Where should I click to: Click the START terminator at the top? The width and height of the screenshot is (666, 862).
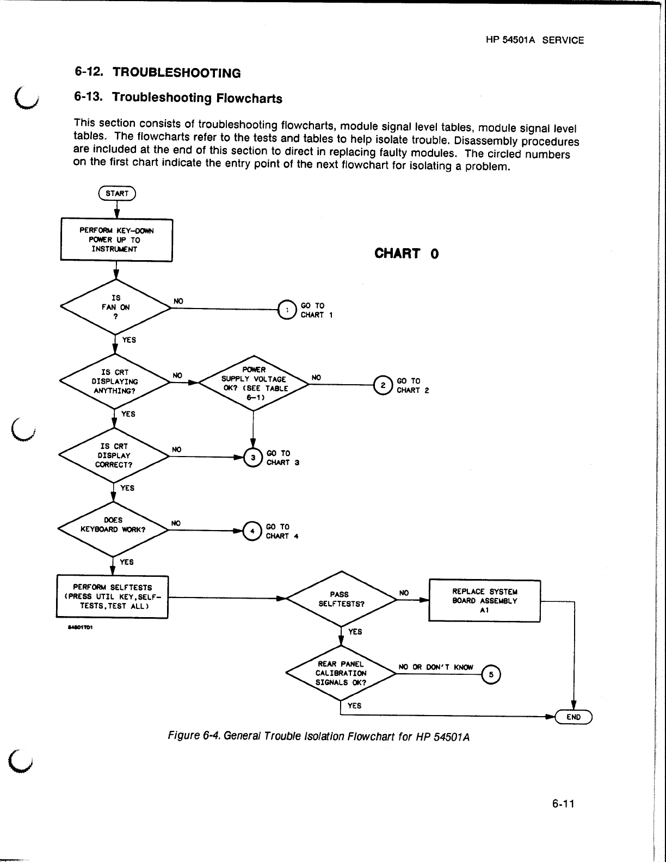[116, 193]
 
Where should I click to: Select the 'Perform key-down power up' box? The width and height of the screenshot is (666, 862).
[116, 240]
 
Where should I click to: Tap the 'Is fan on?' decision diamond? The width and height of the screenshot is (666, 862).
[115, 307]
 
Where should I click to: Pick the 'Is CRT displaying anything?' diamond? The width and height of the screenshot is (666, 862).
[114, 381]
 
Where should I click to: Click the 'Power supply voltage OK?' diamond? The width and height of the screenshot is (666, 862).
[254, 384]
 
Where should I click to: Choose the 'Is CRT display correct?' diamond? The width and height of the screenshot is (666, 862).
[113, 455]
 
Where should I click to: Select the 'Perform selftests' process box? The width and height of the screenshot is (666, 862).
[112, 596]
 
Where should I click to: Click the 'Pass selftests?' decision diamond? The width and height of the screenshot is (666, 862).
[341, 599]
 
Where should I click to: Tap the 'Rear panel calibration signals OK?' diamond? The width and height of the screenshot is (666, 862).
[341, 673]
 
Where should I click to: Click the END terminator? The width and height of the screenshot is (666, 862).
[573, 717]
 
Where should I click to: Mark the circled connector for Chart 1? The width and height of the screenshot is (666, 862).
[286, 310]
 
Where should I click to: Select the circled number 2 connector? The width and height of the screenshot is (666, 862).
[383, 385]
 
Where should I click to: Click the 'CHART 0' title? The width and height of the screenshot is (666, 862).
[406, 254]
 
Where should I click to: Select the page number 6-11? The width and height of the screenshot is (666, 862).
[563, 804]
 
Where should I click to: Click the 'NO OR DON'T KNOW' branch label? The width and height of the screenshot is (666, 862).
[436, 667]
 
